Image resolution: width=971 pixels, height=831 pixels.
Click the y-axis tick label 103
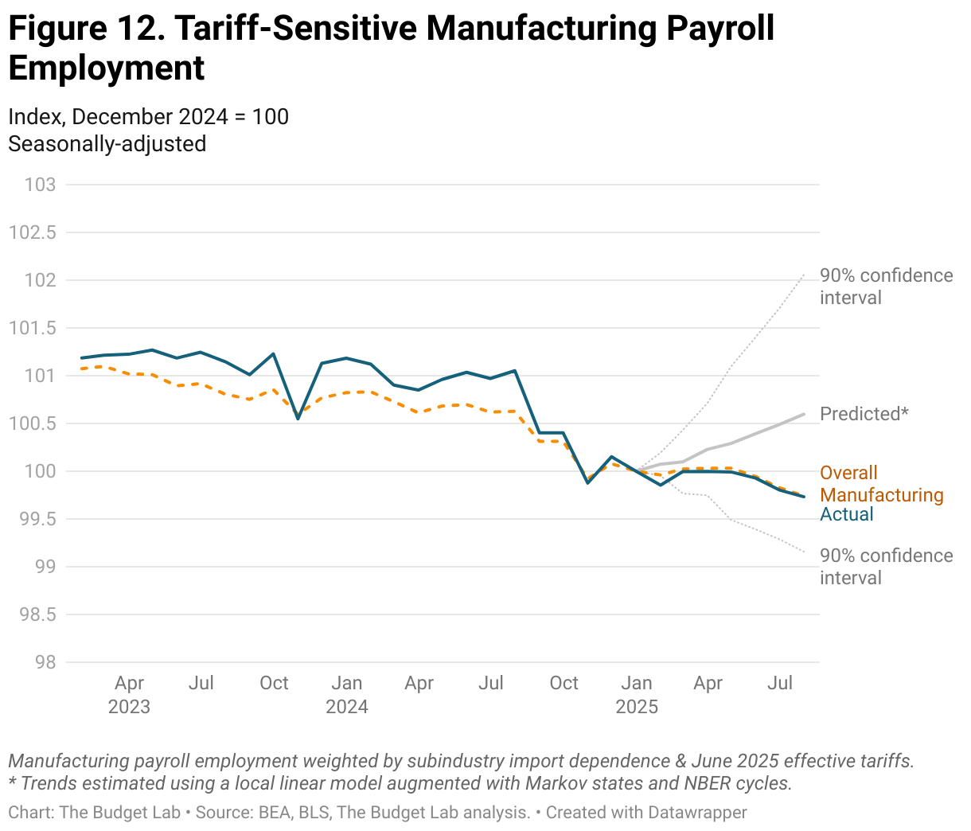[x=41, y=185]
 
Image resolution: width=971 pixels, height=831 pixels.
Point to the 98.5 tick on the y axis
[x=33, y=614]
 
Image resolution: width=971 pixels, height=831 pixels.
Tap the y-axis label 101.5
[x=33, y=328]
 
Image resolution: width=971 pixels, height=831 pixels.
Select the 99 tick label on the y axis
[x=45, y=567]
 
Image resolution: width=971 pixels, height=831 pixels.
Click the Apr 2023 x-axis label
[x=129, y=694]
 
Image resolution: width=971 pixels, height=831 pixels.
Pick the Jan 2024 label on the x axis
[x=347, y=694]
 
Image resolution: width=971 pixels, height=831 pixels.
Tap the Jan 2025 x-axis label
[x=637, y=694]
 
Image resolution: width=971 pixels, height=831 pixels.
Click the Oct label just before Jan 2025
[x=564, y=683]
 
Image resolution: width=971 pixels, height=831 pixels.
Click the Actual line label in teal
[x=847, y=514]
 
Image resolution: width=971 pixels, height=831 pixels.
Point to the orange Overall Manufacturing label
[x=881, y=484]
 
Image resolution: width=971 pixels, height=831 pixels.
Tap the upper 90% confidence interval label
[x=886, y=287]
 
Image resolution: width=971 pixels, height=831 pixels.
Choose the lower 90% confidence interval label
[x=886, y=567]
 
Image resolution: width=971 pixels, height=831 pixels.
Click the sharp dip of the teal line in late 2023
[x=298, y=418]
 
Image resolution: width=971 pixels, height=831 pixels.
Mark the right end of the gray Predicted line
[x=804, y=414]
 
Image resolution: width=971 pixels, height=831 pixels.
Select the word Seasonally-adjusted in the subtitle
[x=107, y=144]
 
